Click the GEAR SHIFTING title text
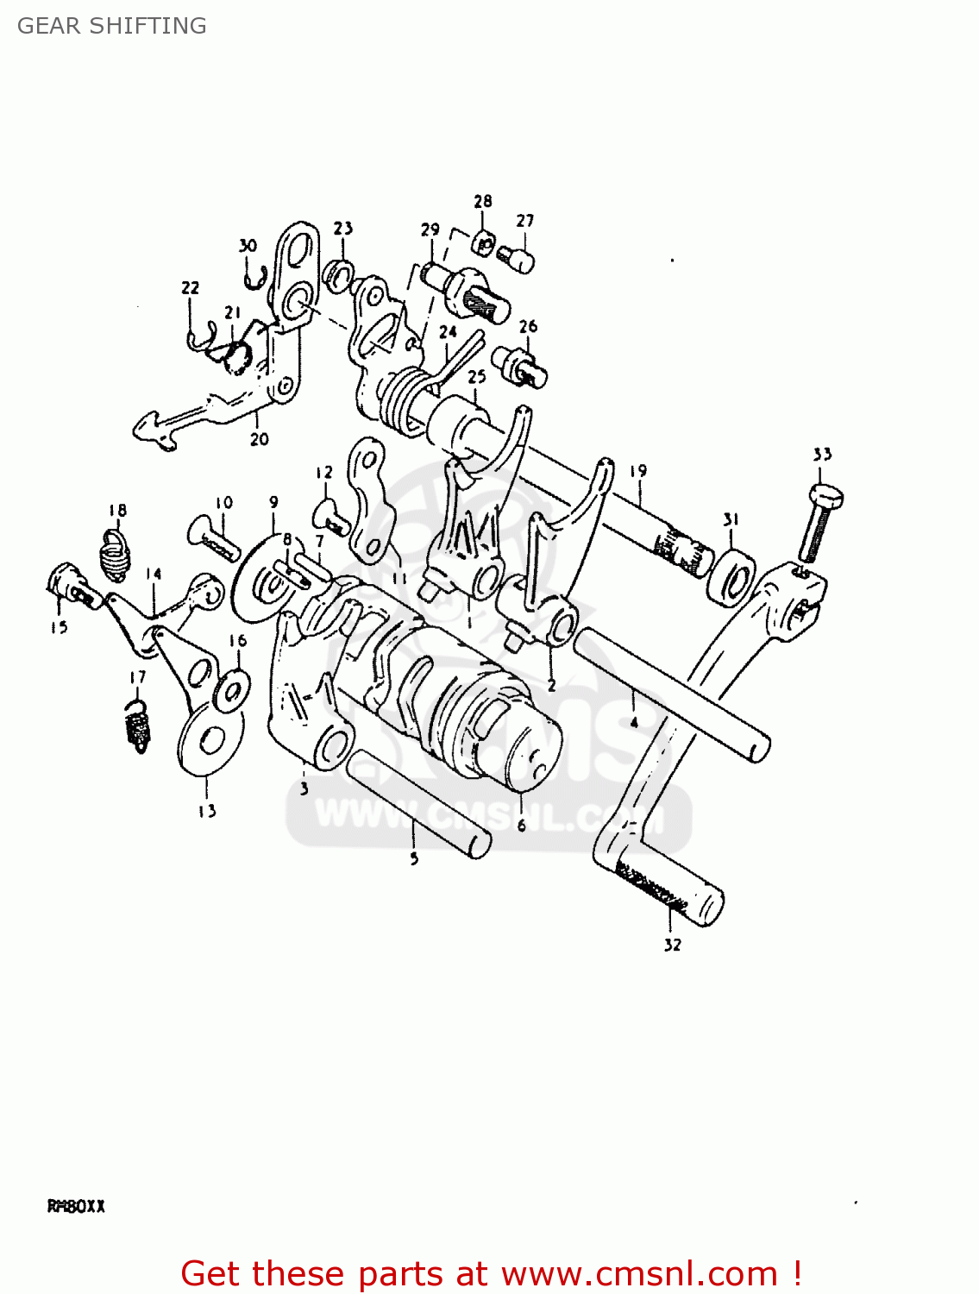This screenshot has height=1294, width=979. [x=112, y=26]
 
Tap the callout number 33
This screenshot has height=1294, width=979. [x=822, y=455]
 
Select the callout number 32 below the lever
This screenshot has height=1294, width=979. [x=673, y=945]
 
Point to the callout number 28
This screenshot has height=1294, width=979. [x=483, y=201]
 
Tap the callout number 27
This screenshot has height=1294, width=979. [x=525, y=221]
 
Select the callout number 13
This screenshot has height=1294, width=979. [x=207, y=811]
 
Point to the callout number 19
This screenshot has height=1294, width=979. [x=637, y=471]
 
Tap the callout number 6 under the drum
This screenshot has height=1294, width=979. [x=522, y=826]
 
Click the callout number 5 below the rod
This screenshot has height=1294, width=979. [x=414, y=859]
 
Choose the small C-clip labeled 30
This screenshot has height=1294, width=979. [x=252, y=279]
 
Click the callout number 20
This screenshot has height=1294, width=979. [x=260, y=439]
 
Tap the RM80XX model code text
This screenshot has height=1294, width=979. [x=76, y=1206]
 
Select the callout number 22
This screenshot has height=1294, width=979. [x=190, y=287]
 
